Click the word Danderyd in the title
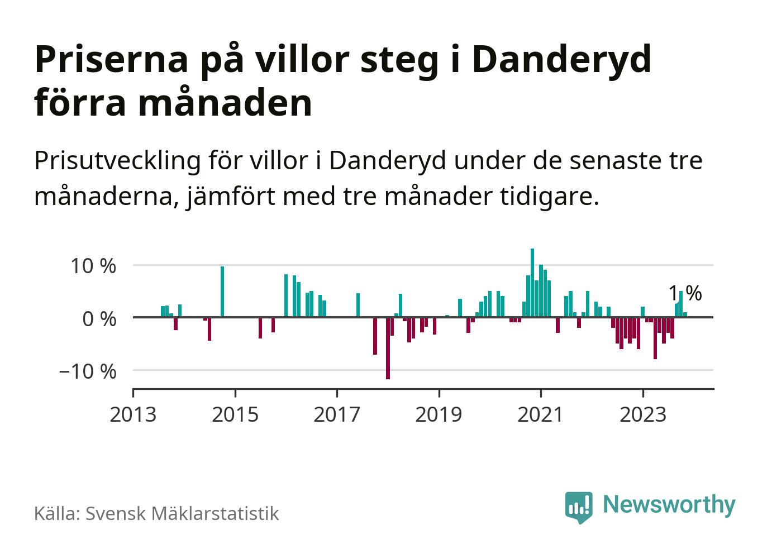click(561, 59)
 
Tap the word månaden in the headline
click(225, 103)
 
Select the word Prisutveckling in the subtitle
click(117, 161)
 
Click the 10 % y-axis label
click(93, 266)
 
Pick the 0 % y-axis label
click(99, 319)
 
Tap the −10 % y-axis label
click(88, 371)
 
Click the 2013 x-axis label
click(133, 414)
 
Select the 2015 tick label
click(235, 414)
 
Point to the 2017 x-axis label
click(337, 414)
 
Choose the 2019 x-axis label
click(439, 414)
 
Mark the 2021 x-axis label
click(541, 414)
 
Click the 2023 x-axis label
click(643, 414)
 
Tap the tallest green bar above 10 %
click(532, 283)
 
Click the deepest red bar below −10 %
click(388, 348)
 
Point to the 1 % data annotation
click(685, 293)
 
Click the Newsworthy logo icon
click(578, 507)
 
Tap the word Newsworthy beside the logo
click(669, 504)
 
